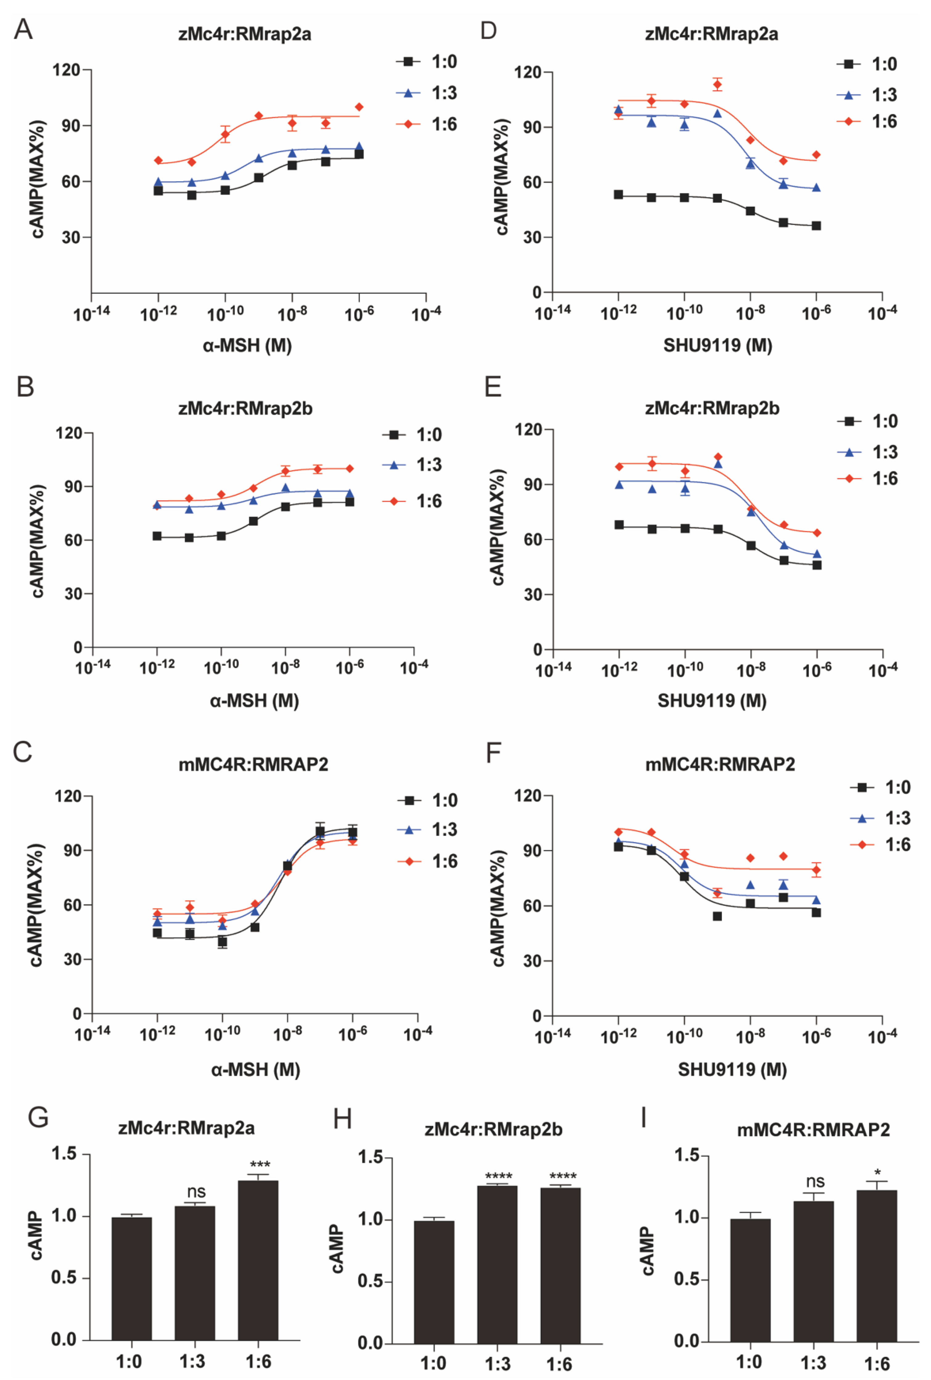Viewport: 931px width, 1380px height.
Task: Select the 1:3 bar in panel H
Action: (x=497, y=1265)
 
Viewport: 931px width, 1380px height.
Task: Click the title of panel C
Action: (x=253, y=764)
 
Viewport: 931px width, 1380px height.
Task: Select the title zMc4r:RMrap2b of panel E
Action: (x=712, y=408)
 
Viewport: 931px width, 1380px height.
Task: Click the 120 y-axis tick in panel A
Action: (x=66, y=70)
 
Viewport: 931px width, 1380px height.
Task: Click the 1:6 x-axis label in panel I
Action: (x=876, y=1363)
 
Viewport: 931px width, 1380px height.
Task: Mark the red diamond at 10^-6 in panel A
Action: (x=359, y=107)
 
